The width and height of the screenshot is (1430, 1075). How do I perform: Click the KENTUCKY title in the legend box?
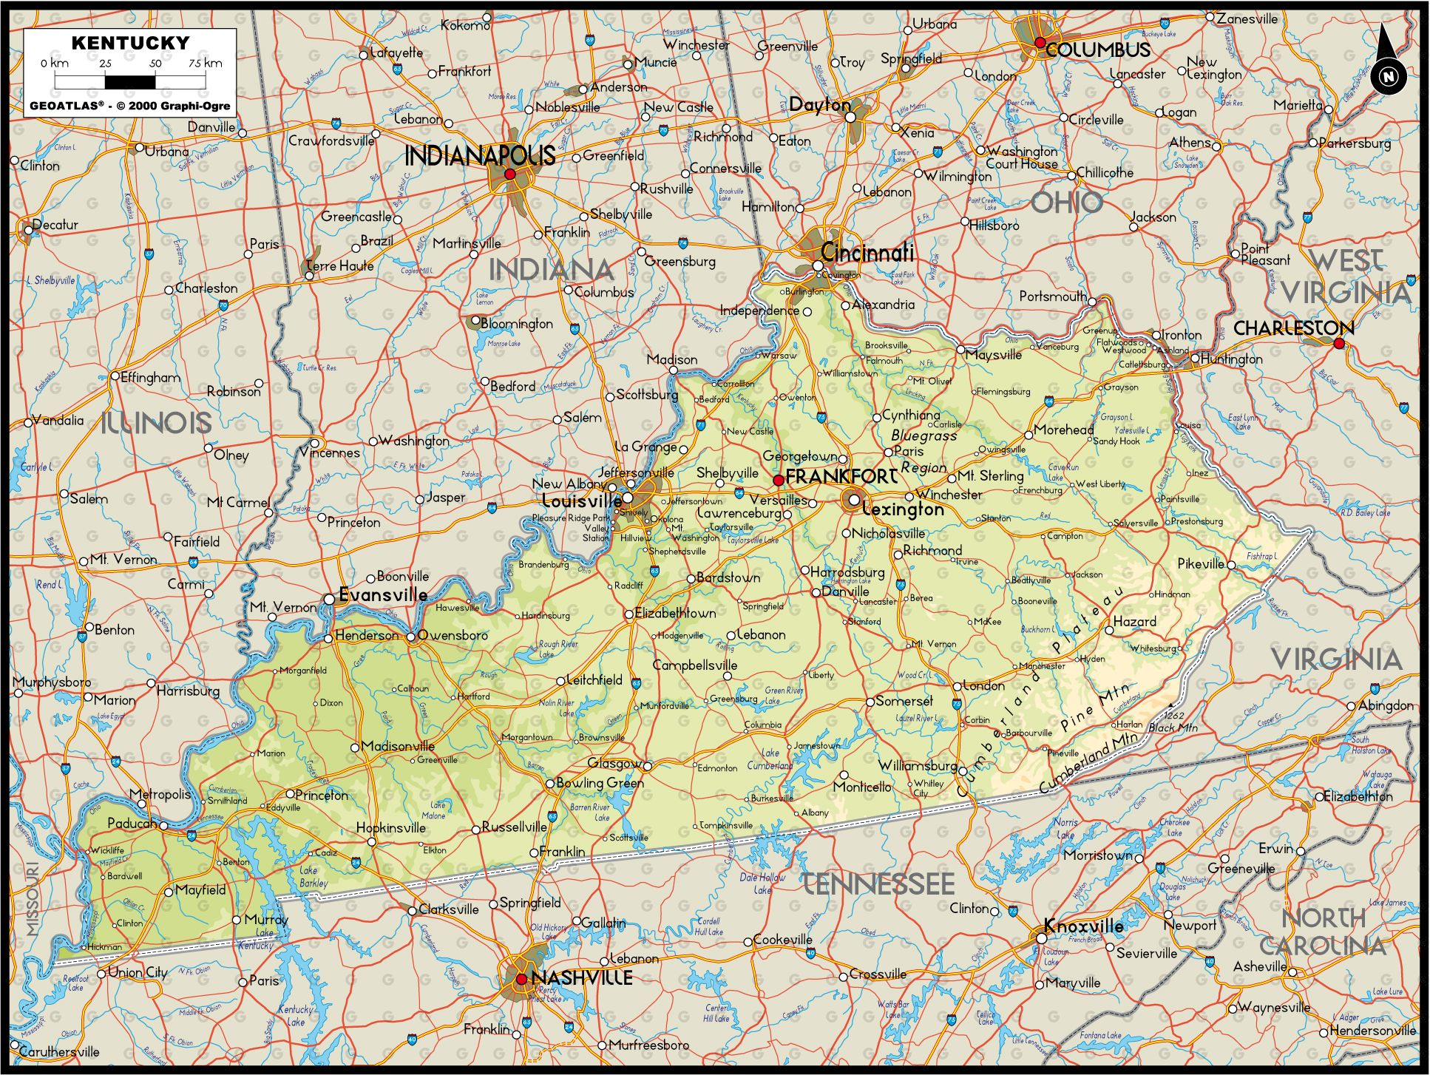(130, 43)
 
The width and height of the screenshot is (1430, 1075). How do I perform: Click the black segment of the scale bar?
(130, 81)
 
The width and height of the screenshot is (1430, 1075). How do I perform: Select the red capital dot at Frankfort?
(778, 481)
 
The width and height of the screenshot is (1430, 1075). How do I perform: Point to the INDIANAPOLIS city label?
(480, 155)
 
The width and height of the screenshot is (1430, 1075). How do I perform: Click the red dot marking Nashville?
(521, 979)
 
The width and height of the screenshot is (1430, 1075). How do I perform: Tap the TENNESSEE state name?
(878, 884)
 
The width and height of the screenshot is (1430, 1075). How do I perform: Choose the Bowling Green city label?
(600, 782)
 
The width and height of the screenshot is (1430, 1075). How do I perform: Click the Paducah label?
(132, 824)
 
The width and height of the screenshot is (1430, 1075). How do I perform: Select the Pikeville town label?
(1201, 563)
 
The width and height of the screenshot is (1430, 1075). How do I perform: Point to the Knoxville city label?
(1083, 926)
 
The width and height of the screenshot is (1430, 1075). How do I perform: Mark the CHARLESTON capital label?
(1293, 328)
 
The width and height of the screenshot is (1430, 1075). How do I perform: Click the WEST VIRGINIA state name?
(1346, 277)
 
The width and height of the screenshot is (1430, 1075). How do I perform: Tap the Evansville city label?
(383, 594)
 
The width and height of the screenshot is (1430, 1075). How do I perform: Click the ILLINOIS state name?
(156, 423)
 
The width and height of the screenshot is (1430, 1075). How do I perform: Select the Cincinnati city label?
(867, 253)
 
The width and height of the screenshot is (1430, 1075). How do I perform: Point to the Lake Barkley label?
(314, 877)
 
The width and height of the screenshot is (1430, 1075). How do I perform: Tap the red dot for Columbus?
(1040, 43)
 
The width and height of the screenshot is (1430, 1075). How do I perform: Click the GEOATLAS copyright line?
(130, 106)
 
